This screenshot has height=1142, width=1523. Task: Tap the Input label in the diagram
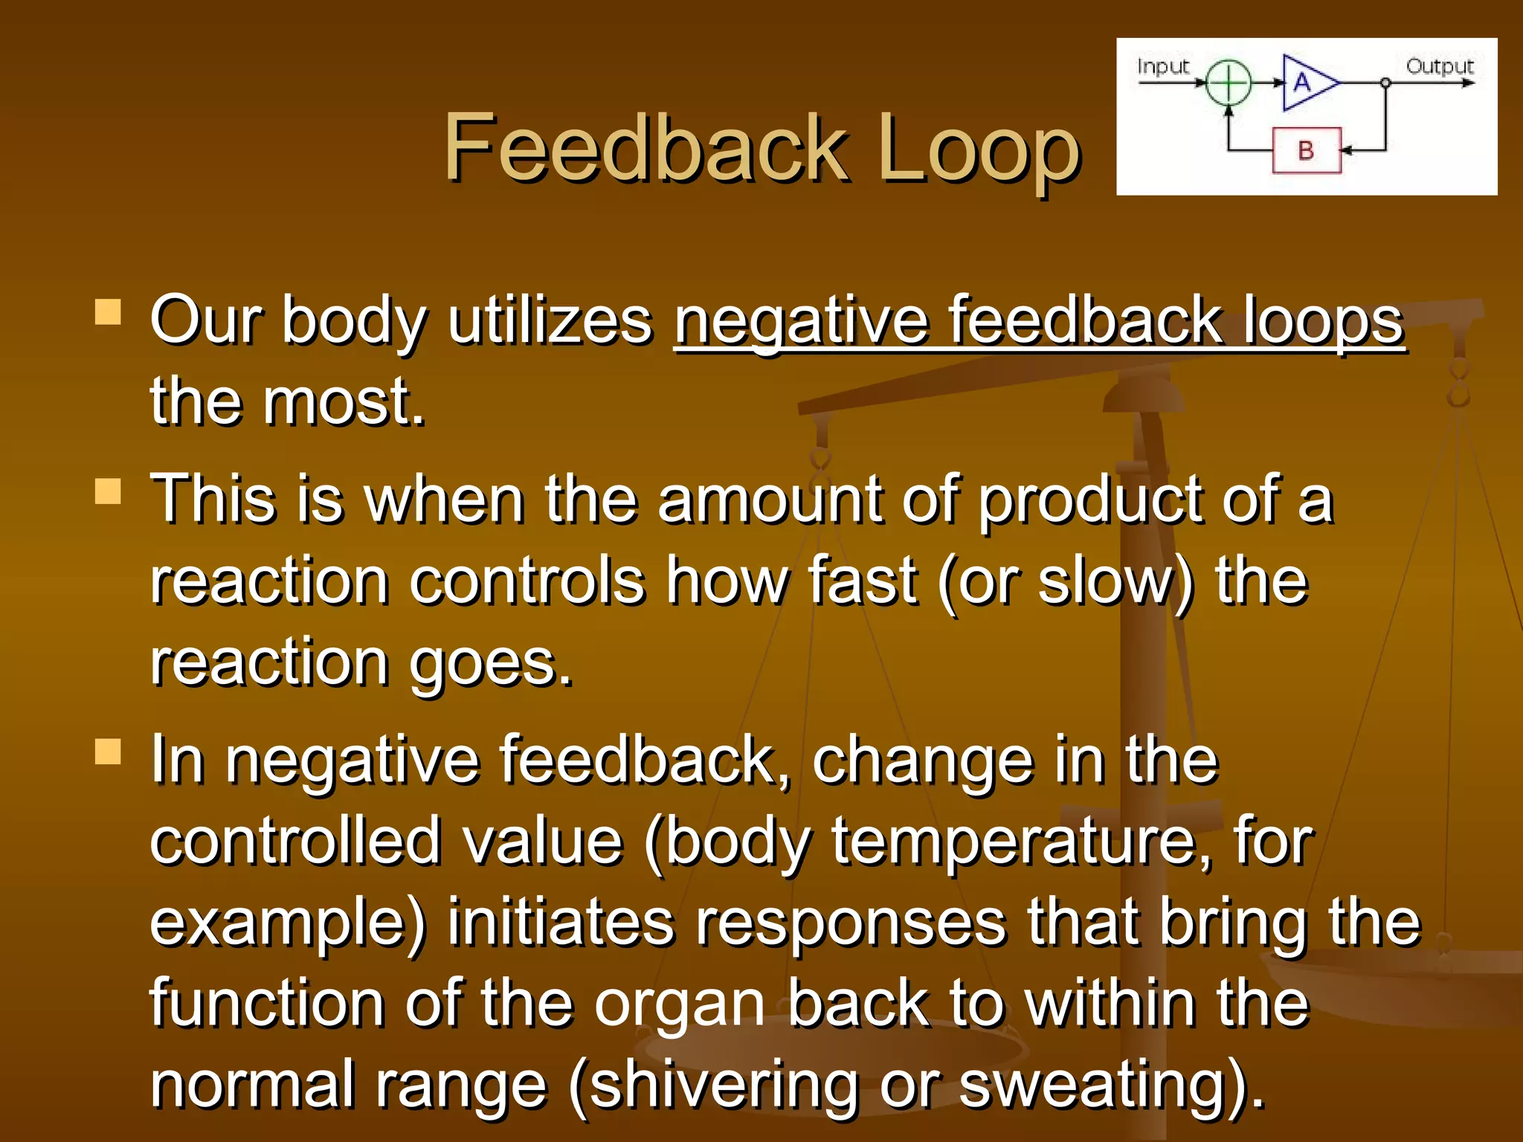click(x=1163, y=67)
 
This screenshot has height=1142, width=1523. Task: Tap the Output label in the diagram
click(x=1439, y=67)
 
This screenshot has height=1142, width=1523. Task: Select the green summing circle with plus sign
click(x=1229, y=83)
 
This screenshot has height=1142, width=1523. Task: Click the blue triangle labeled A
click(x=1307, y=83)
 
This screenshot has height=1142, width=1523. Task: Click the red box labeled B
click(x=1307, y=150)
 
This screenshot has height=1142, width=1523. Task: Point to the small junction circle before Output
click(x=1385, y=83)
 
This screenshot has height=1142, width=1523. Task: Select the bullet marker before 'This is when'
click(x=108, y=491)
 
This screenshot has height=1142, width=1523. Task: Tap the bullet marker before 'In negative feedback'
click(x=108, y=752)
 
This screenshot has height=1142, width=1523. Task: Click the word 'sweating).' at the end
click(x=1111, y=1085)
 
